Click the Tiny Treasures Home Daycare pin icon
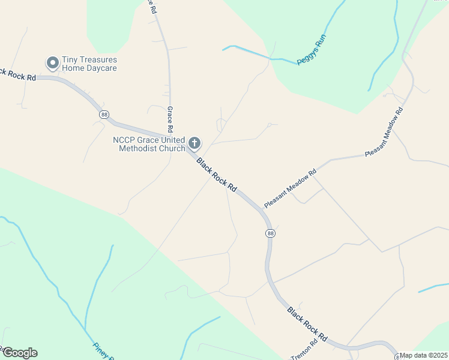point(52,62)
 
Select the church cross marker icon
point(194,143)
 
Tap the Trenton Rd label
point(307,352)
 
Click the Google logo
point(20,353)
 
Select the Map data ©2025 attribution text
point(423,355)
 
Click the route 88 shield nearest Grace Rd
point(105,115)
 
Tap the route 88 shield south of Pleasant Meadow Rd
point(271,233)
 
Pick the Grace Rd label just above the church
point(170,119)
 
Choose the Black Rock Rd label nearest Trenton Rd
point(306,325)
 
